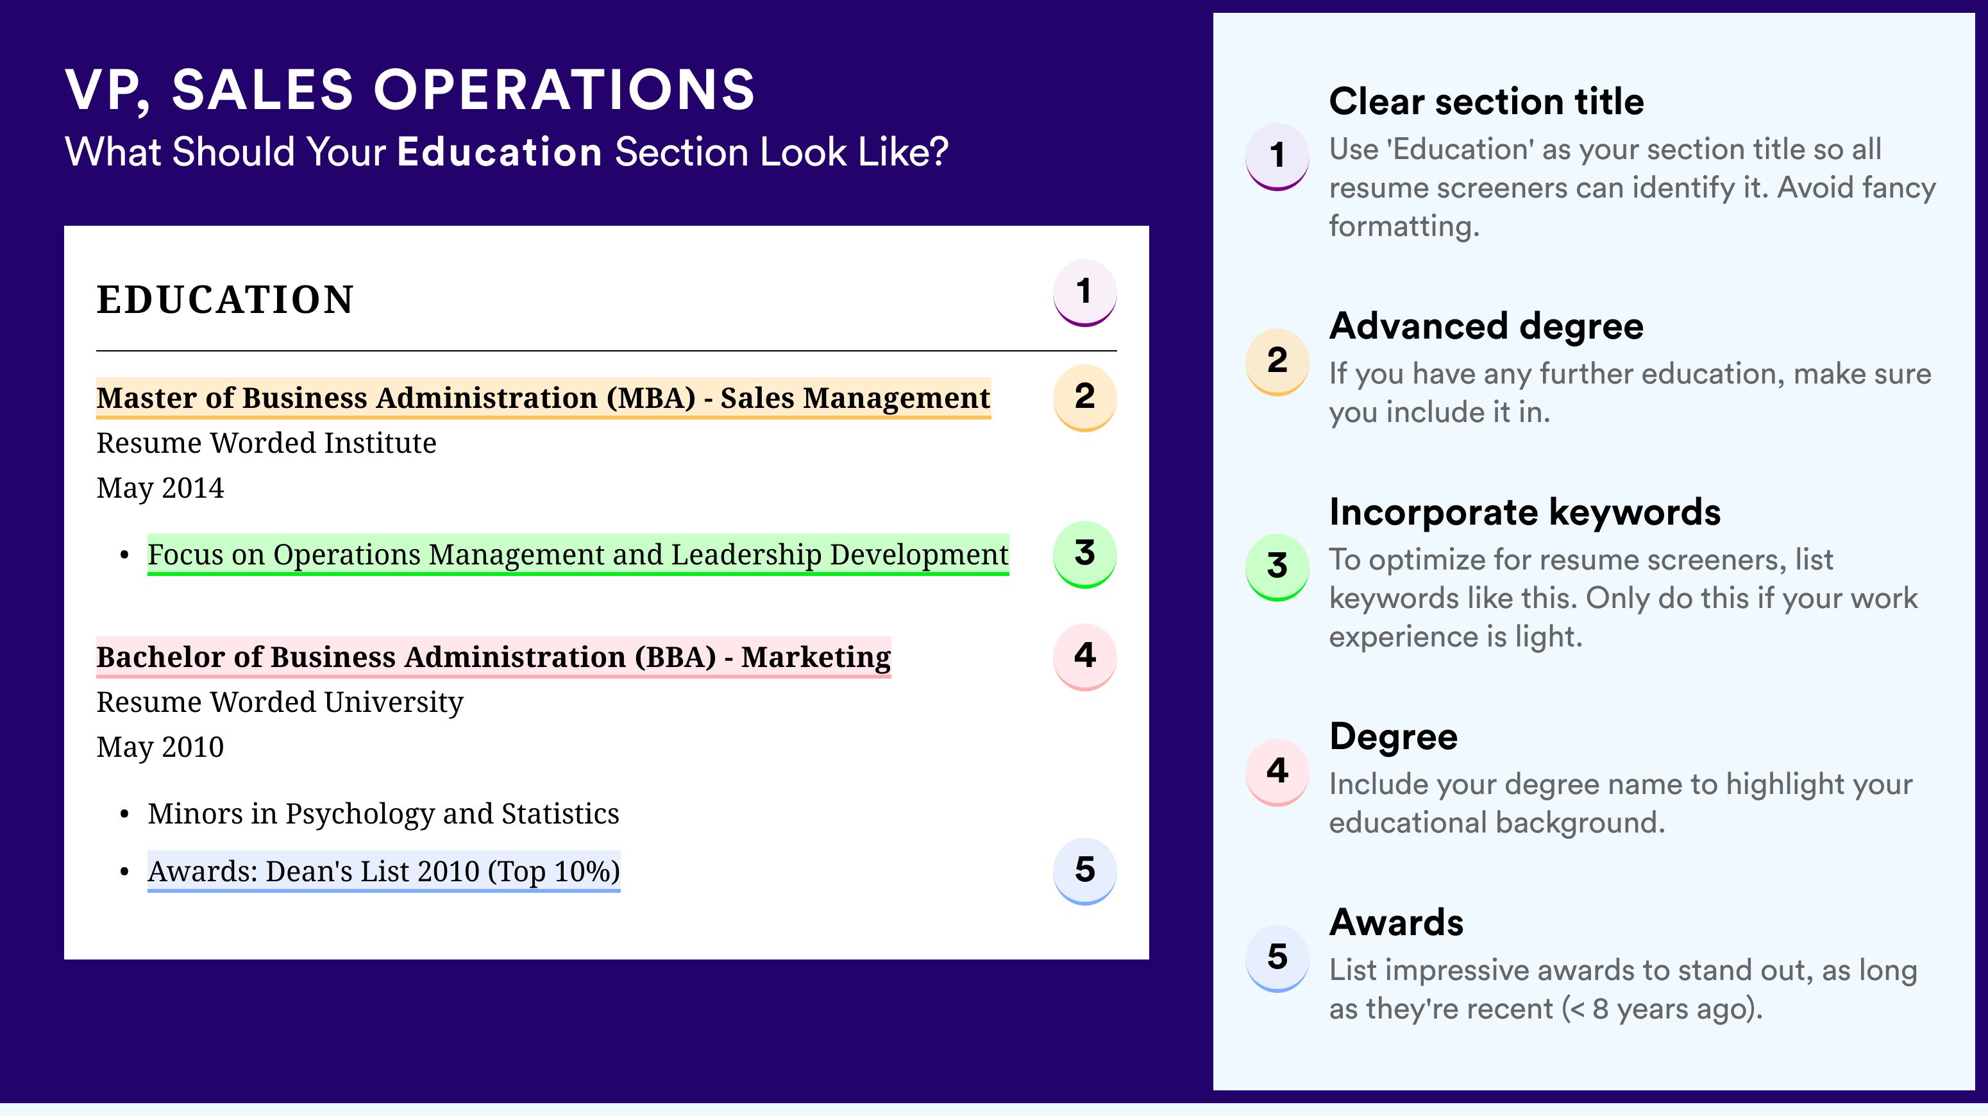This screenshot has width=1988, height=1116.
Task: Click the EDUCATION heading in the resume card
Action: [224, 300]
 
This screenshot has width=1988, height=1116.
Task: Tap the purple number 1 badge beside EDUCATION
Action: [1084, 292]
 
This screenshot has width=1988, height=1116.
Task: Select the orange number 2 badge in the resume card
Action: [1084, 398]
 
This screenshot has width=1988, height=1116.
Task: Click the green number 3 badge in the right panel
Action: [1277, 567]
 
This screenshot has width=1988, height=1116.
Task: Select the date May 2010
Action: [160, 747]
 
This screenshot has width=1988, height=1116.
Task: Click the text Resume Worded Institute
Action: [266, 443]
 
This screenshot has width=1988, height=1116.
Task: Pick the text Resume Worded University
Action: [280, 703]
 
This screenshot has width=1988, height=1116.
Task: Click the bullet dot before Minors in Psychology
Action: [124, 815]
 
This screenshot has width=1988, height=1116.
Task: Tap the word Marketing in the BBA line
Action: [816, 657]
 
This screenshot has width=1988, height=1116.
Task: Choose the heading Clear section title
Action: [1487, 101]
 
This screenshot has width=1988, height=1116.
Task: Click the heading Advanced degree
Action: [1487, 326]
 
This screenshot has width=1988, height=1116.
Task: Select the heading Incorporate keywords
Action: [1525, 512]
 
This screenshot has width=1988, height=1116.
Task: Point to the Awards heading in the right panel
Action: [1396, 922]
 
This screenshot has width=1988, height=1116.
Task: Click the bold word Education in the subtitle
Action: [500, 151]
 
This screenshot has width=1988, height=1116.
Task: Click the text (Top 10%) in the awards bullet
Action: [554, 872]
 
